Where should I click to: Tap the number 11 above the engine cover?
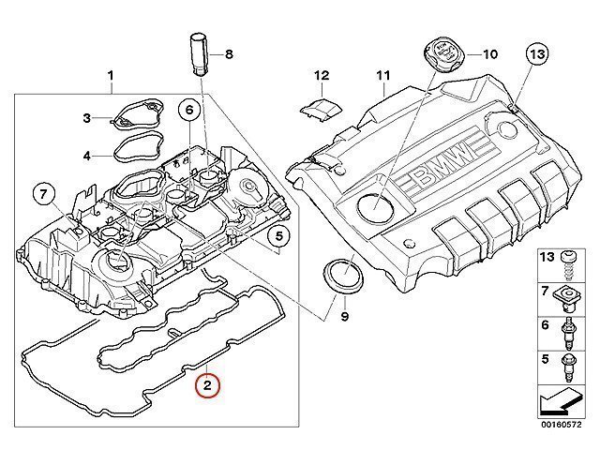pos(382,74)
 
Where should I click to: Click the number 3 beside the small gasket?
pos(86,118)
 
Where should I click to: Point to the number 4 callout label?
pos(86,155)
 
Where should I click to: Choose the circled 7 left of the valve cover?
pos(43,195)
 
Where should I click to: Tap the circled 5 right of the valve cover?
pos(279,237)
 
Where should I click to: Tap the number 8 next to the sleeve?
pos(228,53)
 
